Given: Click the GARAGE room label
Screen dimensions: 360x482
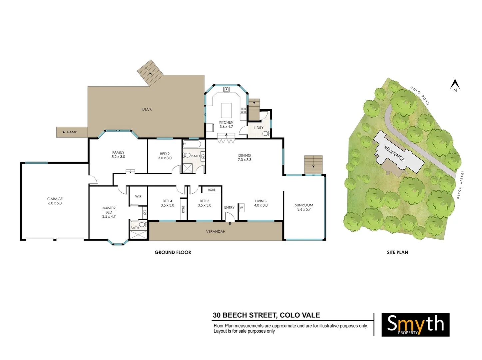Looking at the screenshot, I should [55, 199].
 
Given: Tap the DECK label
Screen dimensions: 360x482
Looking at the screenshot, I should [147, 109].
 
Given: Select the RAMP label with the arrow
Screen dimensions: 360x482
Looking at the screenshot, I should [68, 132].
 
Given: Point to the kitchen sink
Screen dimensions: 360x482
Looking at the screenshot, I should [226, 89].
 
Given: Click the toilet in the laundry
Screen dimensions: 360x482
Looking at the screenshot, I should [266, 134].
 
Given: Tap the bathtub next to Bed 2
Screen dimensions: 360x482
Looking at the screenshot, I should [192, 144].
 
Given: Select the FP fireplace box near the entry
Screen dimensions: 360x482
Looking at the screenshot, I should [242, 208].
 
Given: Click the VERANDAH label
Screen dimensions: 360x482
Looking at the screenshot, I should [216, 231].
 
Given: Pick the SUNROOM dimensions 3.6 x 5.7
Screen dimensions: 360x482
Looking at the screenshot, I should [304, 210].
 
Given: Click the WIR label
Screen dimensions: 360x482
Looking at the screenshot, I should [138, 196].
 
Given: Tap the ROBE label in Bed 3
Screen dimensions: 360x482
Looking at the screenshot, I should [212, 190].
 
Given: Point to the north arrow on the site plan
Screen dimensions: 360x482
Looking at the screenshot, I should [455, 85].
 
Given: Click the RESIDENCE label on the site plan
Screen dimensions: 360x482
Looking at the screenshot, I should [394, 153].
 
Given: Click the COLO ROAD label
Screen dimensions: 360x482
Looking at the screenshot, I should [420, 96].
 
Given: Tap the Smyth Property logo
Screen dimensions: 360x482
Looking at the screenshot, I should [415, 324].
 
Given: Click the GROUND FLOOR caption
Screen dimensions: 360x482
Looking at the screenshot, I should [173, 252].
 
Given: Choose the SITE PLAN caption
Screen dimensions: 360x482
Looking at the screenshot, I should [397, 252].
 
